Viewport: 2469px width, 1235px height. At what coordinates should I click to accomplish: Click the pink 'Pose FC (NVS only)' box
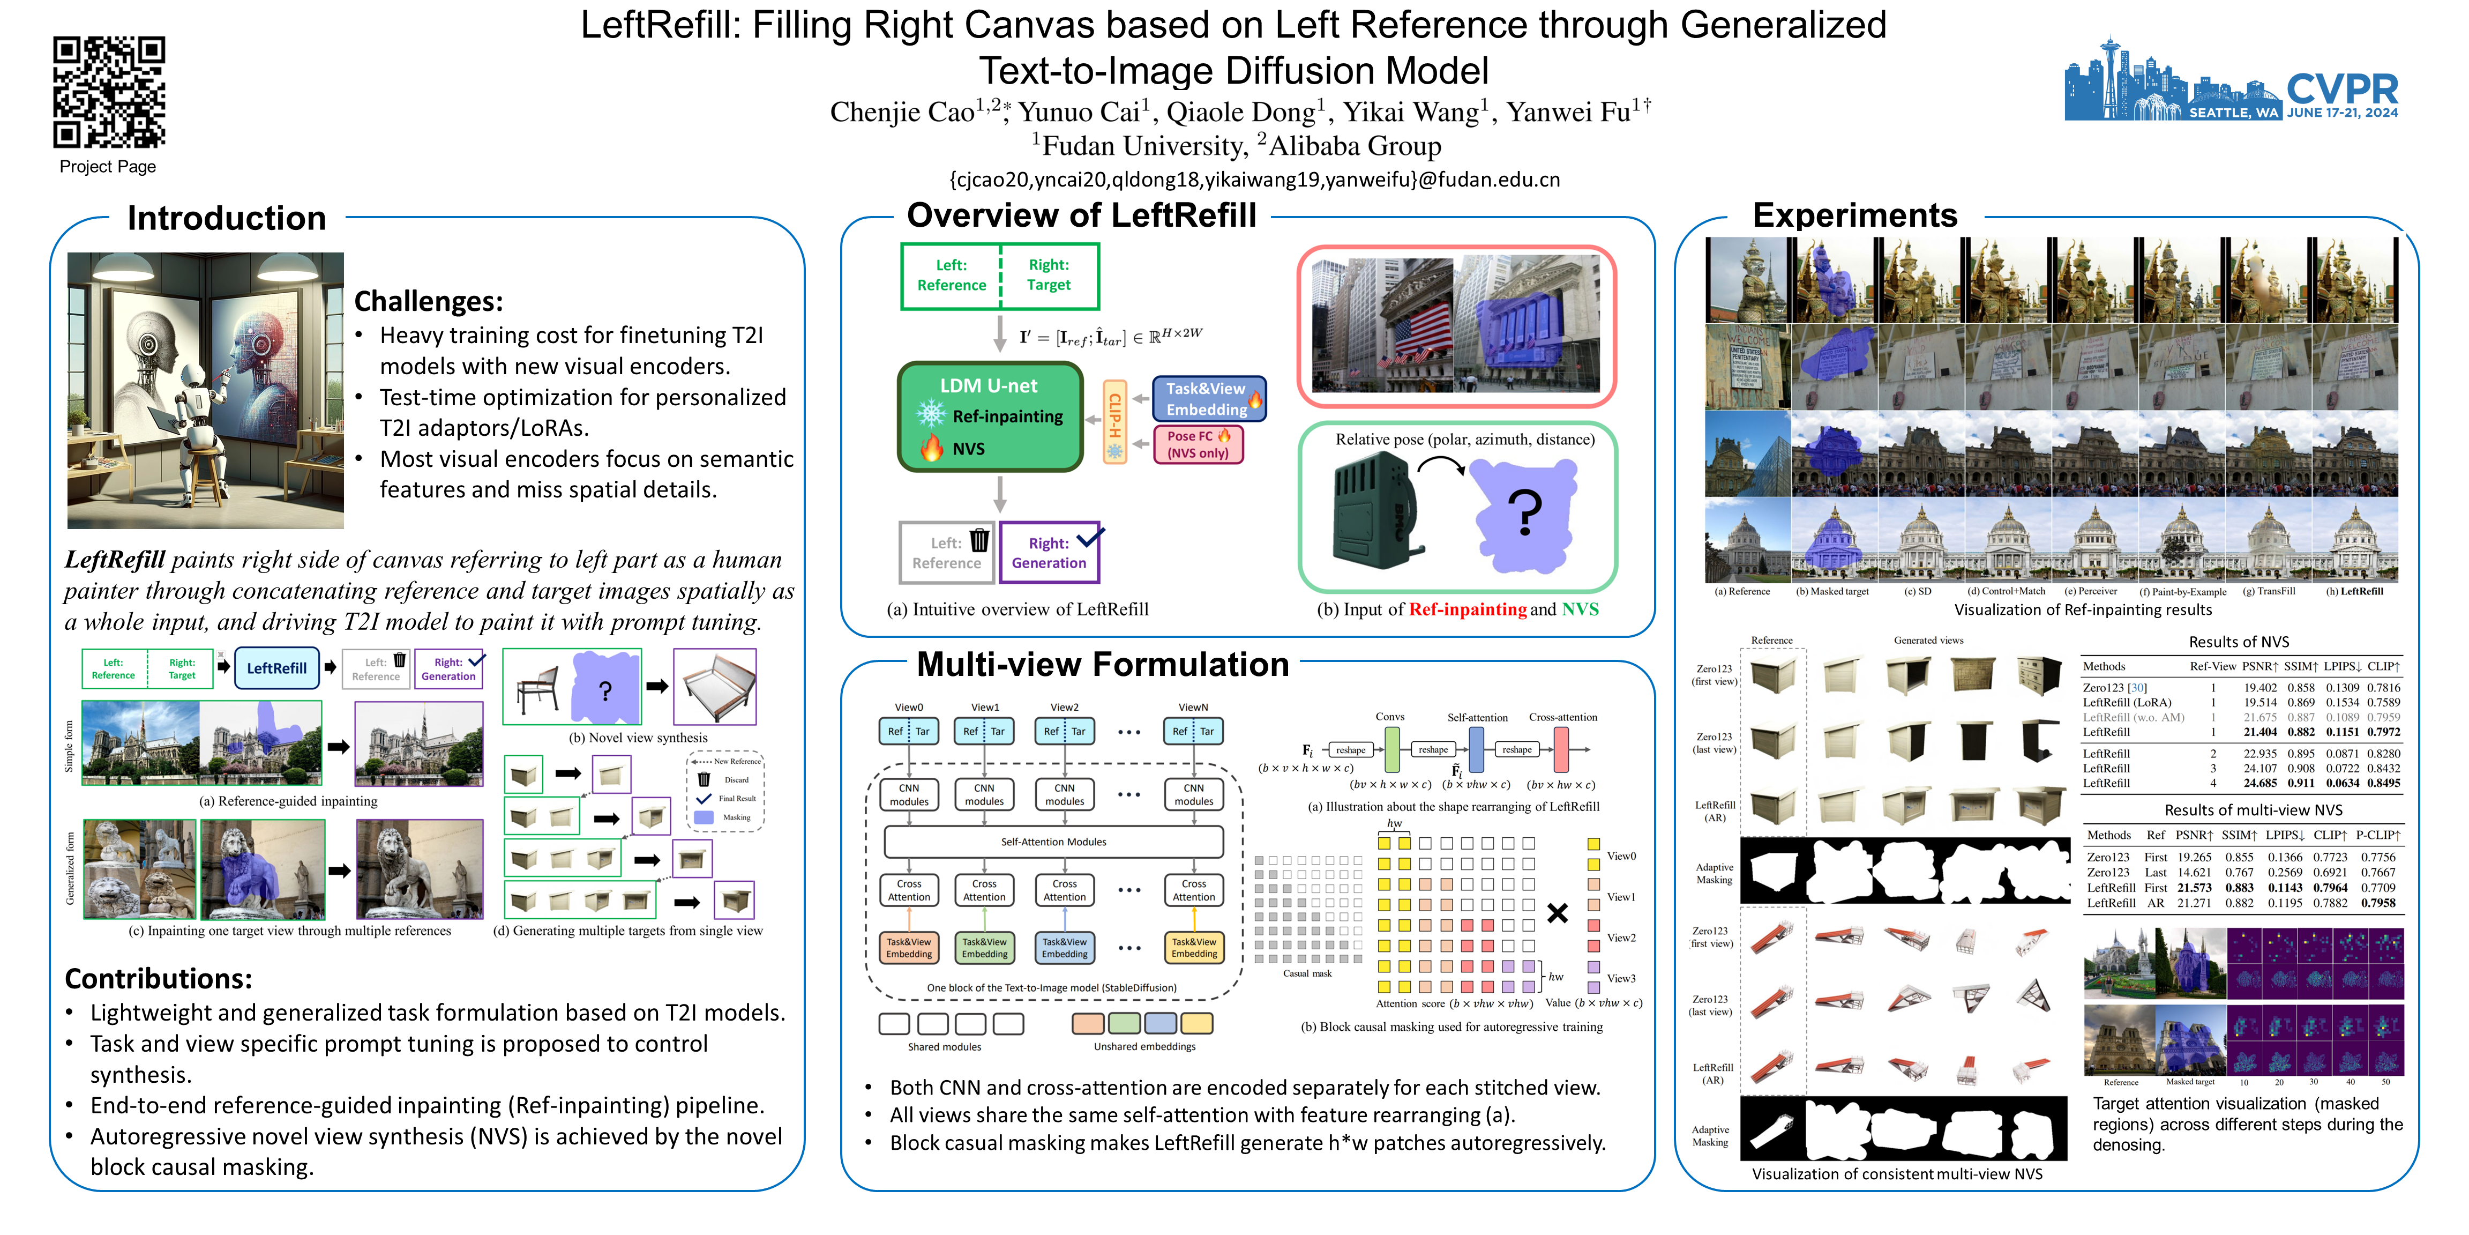[1198, 444]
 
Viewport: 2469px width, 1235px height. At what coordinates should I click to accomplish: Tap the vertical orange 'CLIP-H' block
[1114, 422]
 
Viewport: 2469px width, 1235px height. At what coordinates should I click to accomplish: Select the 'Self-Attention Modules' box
[1053, 842]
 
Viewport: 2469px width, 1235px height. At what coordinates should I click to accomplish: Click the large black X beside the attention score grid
[1558, 913]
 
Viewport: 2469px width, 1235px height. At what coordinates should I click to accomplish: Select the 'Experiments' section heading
[1854, 215]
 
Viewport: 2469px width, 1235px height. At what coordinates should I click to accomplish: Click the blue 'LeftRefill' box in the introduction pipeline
[277, 668]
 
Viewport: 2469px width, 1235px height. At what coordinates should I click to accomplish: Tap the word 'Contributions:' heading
[158, 979]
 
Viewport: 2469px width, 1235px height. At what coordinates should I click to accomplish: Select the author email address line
[1254, 180]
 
